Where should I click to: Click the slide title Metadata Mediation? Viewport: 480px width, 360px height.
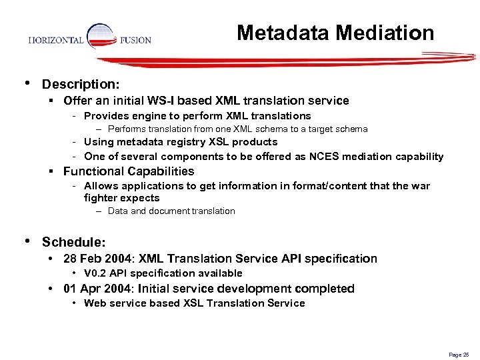[x=335, y=33]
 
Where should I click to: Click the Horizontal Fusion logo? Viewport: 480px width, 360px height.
[x=90, y=39]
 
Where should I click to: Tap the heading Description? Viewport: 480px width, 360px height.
[x=81, y=85]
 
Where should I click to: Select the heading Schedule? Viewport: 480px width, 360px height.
[x=73, y=242]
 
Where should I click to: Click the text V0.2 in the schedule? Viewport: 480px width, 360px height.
[x=97, y=273]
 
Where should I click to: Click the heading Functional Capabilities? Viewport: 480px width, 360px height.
[x=129, y=171]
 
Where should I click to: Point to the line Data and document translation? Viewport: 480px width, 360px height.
[x=171, y=211]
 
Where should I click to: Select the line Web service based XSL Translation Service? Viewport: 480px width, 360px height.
[x=194, y=303]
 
